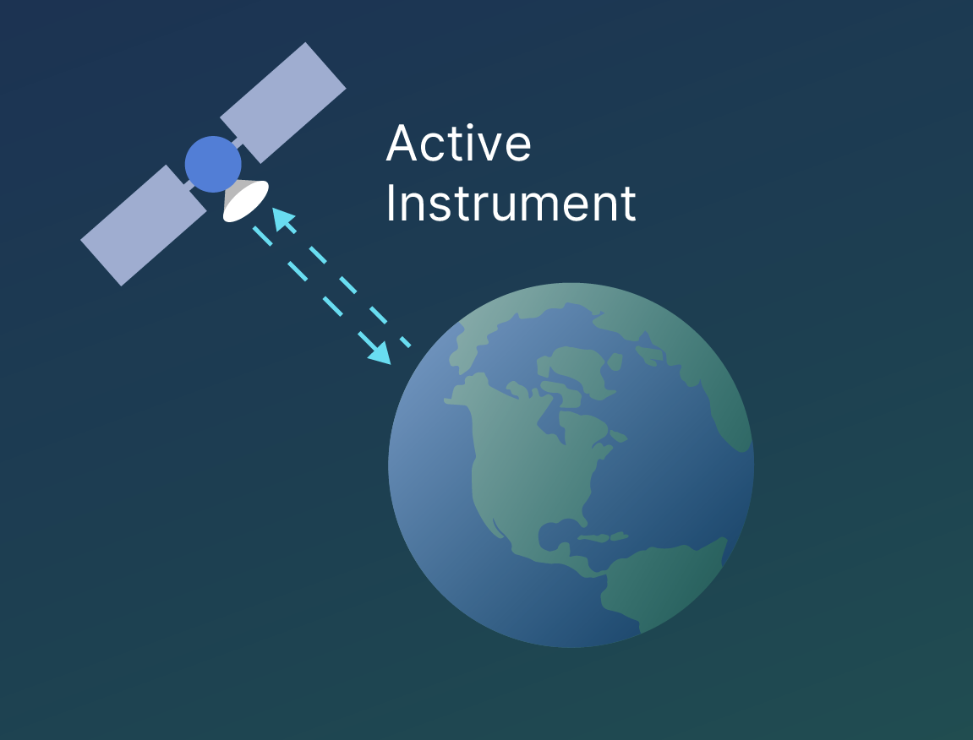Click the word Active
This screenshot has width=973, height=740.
[x=458, y=144]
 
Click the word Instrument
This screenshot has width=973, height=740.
[x=511, y=203]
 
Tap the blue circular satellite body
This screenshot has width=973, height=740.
[x=213, y=165]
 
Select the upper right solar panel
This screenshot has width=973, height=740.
[x=283, y=103]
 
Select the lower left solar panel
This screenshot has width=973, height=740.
[x=144, y=226]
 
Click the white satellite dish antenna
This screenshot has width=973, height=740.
[x=246, y=200]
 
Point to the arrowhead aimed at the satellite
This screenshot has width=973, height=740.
[x=282, y=219]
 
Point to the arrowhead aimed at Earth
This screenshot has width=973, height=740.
[x=380, y=352]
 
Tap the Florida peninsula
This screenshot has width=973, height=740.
[x=584, y=517]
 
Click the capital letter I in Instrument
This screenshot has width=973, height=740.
[x=391, y=203]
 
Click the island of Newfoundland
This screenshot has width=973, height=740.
[x=619, y=437]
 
